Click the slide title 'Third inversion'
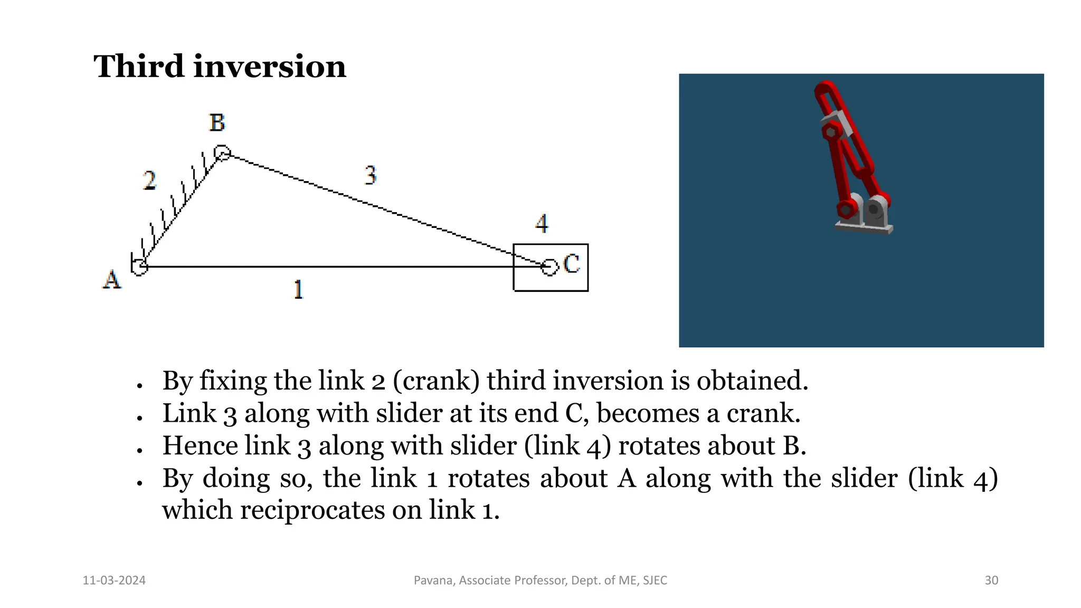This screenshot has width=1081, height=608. pyautogui.click(x=220, y=67)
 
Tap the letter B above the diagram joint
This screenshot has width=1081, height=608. pyautogui.click(x=217, y=123)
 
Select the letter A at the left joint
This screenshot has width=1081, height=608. pyautogui.click(x=111, y=279)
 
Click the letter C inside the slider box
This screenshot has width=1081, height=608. pyautogui.click(x=571, y=264)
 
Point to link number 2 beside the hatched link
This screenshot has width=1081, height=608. pyautogui.click(x=150, y=180)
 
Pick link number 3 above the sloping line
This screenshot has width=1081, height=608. pyautogui.click(x=371, y=175)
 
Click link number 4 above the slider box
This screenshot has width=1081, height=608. pyautogui.click(x=542, y=223)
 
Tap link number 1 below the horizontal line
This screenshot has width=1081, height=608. pyautogui.click(x=298, y=290)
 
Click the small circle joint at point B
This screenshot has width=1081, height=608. pyautogui.click(x=222, y=153)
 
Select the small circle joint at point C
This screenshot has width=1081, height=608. pyautogui.click(x=549, y=267)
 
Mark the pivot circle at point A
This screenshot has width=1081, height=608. pyautogui.click(x=140, y=267)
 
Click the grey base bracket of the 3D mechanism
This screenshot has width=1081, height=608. pyautogui.click(x=864, y=227)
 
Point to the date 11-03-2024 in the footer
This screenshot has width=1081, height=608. pyautogui.click(x=114, y=581)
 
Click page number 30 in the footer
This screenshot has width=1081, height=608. pyautogui.click(x=991, y=581)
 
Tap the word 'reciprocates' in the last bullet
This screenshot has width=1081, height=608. pyautogui.click(x=312, y=510)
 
